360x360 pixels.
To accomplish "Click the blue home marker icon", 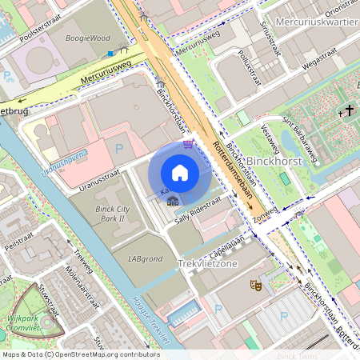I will click(x=180, y=173).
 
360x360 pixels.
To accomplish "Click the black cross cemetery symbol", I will click(x=350, y=112).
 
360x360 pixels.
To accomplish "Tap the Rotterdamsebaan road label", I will click(x=233, y=173).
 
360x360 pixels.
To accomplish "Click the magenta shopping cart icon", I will click(x=188, y=143).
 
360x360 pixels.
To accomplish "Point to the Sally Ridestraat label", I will click(x=198, y=205).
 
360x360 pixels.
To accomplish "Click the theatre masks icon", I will click(x=257, y=283).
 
